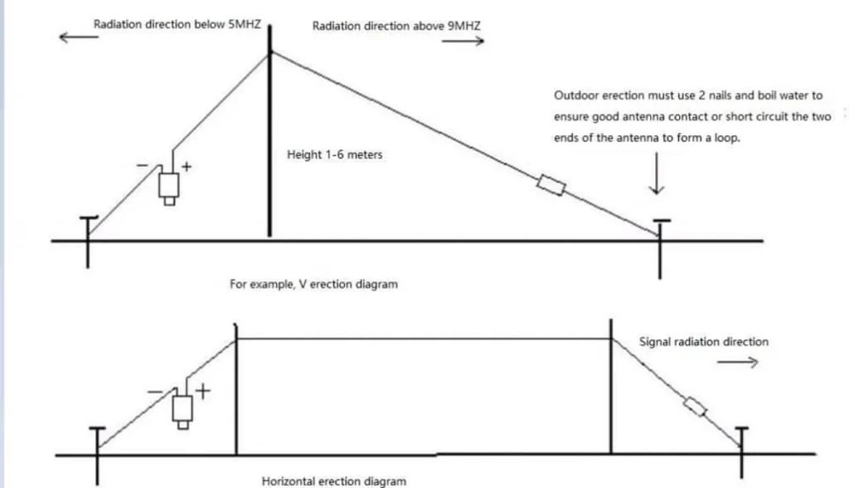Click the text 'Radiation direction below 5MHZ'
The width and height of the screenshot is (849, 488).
(x=177, y=25)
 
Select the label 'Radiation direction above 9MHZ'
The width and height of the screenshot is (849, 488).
(x=395, y=27)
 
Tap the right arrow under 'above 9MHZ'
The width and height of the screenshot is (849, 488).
(x=462, y=42)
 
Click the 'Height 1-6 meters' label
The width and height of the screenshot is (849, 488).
(x=334, y=155)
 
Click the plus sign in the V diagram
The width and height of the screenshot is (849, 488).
(x=187, y=167)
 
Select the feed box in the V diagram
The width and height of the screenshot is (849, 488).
(x=169, y=184)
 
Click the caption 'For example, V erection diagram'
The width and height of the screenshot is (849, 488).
(x=313, y=285)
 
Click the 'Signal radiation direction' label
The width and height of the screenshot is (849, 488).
(x=703, y=342)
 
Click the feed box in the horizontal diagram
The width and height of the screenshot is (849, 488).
(x=182, y=408)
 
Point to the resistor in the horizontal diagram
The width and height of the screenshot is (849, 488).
(x=695, y=407)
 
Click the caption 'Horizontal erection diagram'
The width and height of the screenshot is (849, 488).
(x=334, y=481)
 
